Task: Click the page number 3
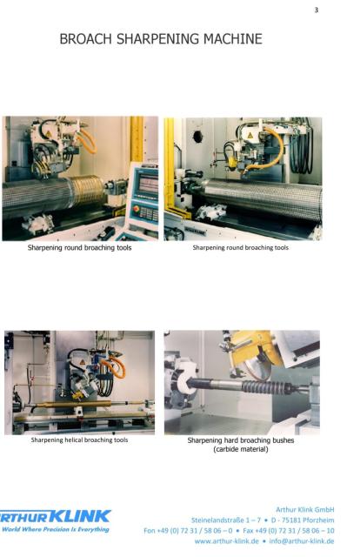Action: (x=317, y=10)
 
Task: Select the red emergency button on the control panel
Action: (x=136, y=209)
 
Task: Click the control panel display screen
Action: (x=149, y=184)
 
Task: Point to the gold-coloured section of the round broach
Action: (x=87, y=191)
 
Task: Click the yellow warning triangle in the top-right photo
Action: (x=250, y=135)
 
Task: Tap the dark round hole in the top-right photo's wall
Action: (x=197, y=136)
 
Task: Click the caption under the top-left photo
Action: (x=79, y=247)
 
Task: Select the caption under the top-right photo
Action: (x=240, y=247)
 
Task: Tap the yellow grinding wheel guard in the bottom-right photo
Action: (x=254, y=348)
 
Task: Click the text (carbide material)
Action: (x=241, y=449)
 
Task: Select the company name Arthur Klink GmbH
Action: (x=305, y=509)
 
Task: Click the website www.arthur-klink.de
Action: (x=226, y=541)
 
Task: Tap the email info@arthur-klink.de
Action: (x=302, y=541)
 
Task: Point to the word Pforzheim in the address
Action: (x=318, y=520)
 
